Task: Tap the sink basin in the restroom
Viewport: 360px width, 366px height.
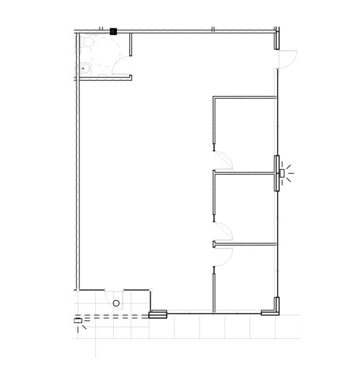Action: pos(86,68)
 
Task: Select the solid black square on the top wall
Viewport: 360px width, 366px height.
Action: pos(114,31)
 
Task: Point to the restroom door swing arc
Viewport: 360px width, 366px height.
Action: pos(124,66)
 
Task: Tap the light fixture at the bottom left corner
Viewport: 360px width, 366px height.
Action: pos(78,321)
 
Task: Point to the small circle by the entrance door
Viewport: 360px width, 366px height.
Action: pos(116,303)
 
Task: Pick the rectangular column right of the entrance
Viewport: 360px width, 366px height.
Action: pos(158,315)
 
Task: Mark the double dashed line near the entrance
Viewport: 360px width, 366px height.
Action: pos(118,318)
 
